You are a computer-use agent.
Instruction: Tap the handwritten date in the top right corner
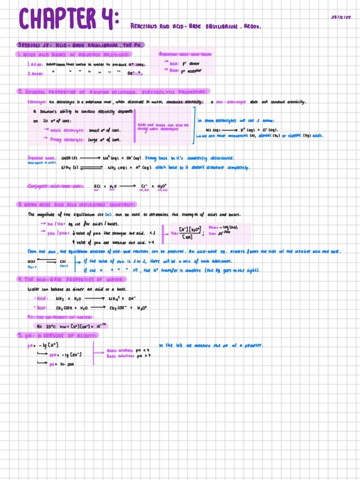click(x=341, y=17)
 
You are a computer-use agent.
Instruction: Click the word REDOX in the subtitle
click(x=252, y=26)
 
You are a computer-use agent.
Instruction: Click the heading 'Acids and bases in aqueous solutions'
click(x=74, y=54)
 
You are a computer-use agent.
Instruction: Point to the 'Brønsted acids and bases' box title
click(x=185, y=54)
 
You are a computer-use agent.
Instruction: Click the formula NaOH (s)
click(x=67, y=158)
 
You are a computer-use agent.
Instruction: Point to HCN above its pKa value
click(x=32, y=261)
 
